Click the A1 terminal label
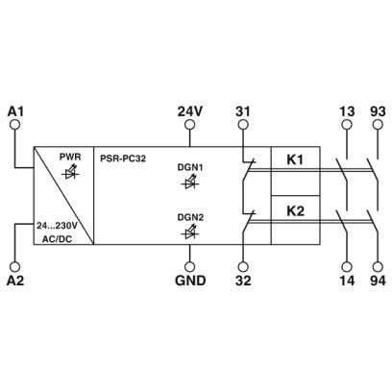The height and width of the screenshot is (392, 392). point(15,111)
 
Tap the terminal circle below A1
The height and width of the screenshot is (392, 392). point(15,125)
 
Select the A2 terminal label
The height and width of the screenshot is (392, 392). point(15,281)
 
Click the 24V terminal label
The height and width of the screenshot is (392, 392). point(190,111)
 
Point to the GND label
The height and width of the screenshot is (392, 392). point(190,281)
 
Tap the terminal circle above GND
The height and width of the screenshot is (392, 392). point(190,267)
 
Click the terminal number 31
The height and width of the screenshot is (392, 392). point(243,111)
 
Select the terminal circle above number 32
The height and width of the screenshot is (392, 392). point(243,267)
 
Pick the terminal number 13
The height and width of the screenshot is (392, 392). point(347,111)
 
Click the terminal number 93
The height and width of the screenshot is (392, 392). point(378,111)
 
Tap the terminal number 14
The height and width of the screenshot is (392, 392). point(347,281)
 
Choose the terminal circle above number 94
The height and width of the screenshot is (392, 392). point(378,267)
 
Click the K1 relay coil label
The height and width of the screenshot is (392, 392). point(295,159)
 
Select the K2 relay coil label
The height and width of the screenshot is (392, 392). point(295,211)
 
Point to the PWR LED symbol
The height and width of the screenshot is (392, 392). point(70,172)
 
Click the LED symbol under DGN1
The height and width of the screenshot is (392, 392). point(189,183)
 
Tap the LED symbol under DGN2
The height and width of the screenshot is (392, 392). point(189,233)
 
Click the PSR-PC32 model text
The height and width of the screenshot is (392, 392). point(123,159)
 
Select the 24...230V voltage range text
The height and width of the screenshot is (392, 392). point(57,226)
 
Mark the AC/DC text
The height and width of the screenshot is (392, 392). point(58,239)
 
